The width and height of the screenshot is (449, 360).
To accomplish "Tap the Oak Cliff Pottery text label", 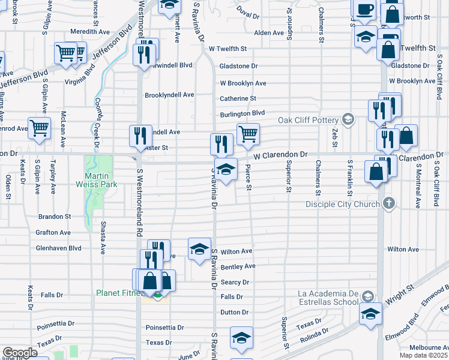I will click(308, 119).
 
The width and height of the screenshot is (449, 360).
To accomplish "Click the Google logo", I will click(20, 353).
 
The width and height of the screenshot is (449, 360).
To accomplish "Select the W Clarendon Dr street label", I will click(280, 155).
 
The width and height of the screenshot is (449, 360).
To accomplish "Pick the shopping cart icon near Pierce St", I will click(247, 134).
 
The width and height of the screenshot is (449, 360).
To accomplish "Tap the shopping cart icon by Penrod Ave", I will click(39, 127).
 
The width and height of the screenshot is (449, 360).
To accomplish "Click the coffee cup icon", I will click(365, 10).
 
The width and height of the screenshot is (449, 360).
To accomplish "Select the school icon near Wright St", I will click(370, 314).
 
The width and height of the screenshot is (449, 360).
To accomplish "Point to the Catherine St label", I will click(238, 98).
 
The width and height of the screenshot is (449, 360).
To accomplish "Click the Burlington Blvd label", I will click(242, 113).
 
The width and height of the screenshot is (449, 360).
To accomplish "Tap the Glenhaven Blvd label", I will click(59, 248).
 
